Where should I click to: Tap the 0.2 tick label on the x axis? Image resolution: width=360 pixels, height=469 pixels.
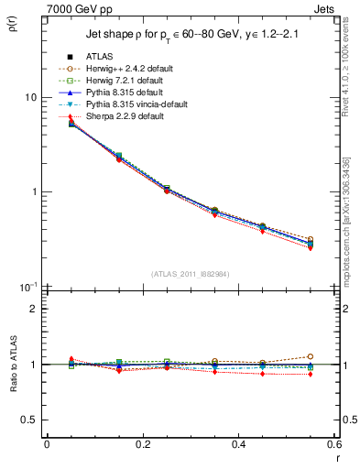pyautogui.click(x=142, y=445)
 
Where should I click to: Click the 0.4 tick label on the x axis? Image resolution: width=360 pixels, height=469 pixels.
pyautogui.click(x=238, y=445)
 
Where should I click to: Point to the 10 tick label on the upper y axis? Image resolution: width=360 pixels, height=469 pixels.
pyautogui.click(x=30, y=97)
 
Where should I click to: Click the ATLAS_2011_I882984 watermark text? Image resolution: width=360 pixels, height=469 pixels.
pyautogui.click(x=191, y=274)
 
